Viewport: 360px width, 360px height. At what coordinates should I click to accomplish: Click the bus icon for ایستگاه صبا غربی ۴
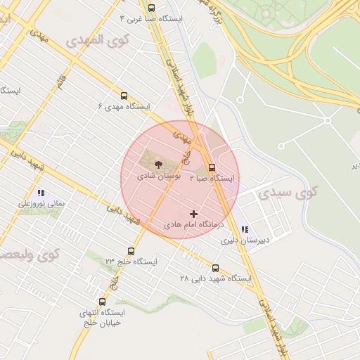point(151,8)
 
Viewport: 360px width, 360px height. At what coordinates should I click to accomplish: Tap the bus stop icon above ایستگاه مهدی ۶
point(124,96)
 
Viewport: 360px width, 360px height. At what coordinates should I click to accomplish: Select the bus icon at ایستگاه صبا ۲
point(212,167)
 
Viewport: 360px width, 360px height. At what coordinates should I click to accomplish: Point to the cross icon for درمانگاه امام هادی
point(194,213)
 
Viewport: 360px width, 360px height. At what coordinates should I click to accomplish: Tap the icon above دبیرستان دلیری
point(245,229)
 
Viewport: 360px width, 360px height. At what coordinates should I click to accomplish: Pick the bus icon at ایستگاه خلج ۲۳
point(131,251)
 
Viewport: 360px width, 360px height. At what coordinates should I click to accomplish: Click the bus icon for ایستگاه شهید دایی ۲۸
point(215,268)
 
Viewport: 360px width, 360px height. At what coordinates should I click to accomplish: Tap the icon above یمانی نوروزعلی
point(41,192)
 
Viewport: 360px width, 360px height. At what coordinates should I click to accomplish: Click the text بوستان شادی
point(159,176)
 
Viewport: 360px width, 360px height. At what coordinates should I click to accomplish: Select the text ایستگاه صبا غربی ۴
point(150,19)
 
